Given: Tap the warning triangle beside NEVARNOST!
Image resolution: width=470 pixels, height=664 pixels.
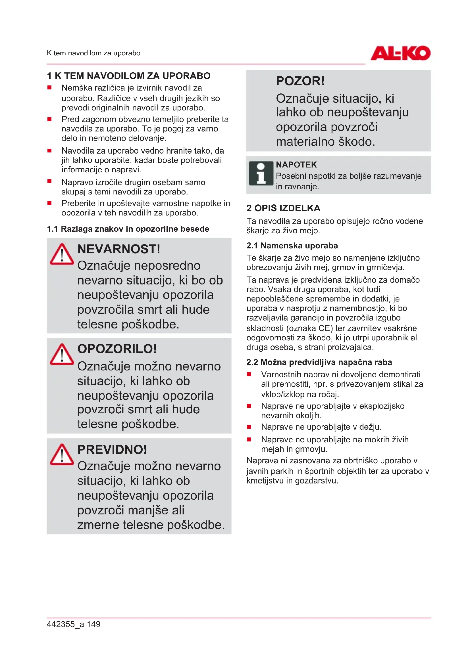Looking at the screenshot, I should tap(62, 254).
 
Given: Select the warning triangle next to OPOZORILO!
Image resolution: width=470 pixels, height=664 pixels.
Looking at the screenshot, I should tap(62, 355).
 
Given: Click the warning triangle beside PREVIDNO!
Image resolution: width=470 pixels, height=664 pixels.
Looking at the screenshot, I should tap(62, 454).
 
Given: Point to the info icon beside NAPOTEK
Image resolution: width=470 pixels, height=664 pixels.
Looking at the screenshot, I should tap(261, 173).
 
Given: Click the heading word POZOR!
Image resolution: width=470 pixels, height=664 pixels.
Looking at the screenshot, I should tap(300, 81).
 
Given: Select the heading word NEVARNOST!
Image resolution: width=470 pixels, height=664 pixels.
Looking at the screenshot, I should tap(119, 249).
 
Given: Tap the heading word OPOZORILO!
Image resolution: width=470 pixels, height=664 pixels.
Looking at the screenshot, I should tap(117, 349).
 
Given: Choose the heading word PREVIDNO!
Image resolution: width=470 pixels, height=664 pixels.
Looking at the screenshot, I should tap(112, 449).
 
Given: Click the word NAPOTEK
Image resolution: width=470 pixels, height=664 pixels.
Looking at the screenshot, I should tap(296, 165).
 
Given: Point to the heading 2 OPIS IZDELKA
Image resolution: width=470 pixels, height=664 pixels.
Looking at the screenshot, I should tap(283, 208).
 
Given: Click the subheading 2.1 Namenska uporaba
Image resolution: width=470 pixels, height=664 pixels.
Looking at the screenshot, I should tap(292, 246).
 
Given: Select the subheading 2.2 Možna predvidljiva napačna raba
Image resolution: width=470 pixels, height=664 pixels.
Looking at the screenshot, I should tap(319, 362).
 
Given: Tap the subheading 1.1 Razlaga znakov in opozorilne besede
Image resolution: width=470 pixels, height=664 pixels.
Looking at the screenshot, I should tap(128, 229).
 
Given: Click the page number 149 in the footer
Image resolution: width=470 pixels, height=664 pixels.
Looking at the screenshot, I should tap(93, 624).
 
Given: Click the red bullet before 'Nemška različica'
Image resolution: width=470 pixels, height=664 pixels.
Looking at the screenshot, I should tap(49, 88).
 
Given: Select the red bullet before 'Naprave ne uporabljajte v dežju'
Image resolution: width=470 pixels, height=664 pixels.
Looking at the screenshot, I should tap(249, 427).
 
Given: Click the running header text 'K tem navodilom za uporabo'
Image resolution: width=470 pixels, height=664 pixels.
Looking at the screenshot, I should tap(93, 53).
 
